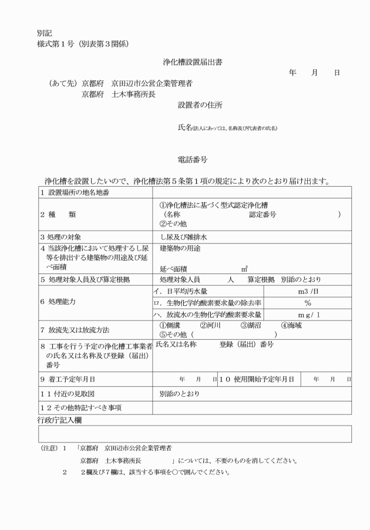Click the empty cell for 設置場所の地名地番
[252, 193]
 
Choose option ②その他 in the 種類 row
[174, 224]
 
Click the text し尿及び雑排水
[183, 238]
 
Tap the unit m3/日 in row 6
[308, 291]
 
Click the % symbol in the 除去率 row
[307, 303]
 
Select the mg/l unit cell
[308, 315]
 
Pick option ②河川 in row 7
[210, 325]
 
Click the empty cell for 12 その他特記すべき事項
[252, 407]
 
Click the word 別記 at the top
[45, 33]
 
